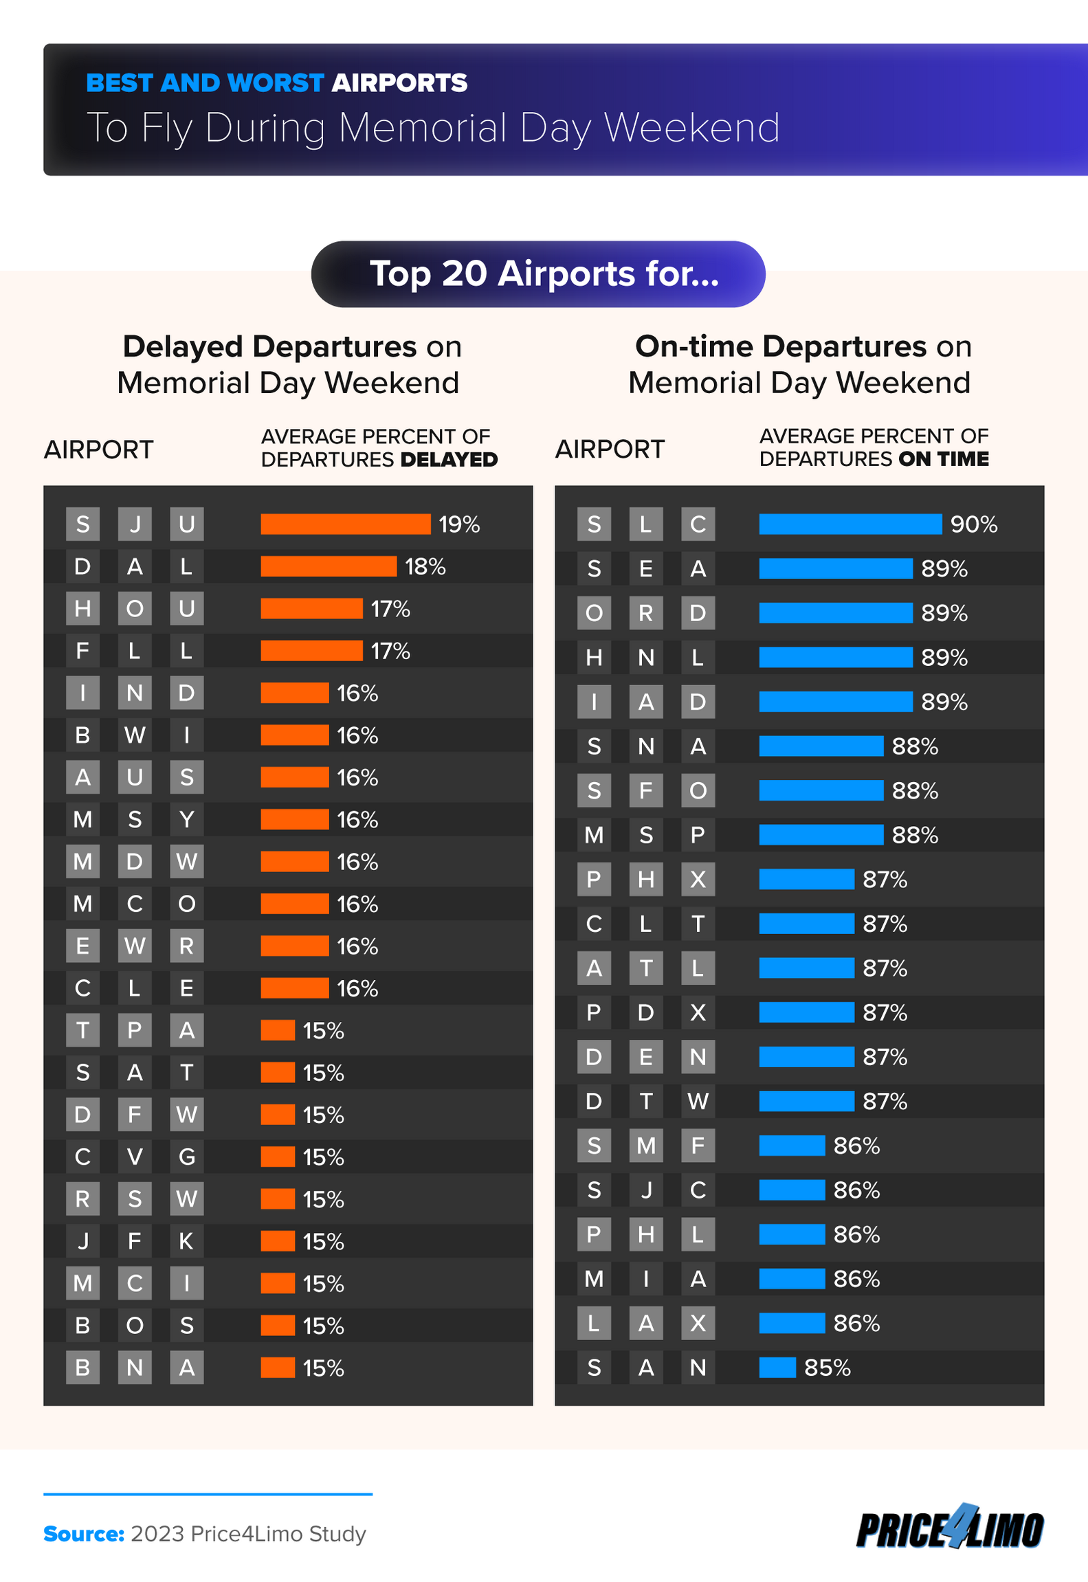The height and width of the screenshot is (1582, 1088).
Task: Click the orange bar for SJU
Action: coord(345,524)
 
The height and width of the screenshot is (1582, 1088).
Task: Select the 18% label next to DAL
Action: coord(425,566)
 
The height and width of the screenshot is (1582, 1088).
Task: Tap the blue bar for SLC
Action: coord(850,524)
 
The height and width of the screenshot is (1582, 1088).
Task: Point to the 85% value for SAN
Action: coord(827,1368)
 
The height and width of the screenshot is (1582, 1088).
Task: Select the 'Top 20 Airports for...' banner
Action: coord(538,274)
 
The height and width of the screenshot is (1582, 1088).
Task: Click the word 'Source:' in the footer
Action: coord(83,1534)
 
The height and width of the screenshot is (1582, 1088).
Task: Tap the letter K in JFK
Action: coord(186,1241)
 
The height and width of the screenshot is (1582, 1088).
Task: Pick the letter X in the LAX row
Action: coord(698,1323)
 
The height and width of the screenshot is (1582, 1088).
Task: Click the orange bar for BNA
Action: coord(278,1368)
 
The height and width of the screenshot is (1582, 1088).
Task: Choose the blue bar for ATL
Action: coord(806,968)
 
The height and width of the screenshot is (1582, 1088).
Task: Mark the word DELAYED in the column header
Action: coord(449,460)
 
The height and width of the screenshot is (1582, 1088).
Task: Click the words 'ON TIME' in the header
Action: coord(943,459)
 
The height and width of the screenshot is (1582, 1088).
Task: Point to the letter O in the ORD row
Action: coord(594,613)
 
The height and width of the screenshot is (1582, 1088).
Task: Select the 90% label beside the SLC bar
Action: coord(973,524)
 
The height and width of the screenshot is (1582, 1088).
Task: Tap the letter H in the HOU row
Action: coord(82,609)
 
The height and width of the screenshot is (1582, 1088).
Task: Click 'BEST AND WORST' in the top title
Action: coord(205,83)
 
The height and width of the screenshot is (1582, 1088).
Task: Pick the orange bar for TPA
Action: coord(278,1030)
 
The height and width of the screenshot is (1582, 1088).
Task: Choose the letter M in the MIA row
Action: coord(594,1279)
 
